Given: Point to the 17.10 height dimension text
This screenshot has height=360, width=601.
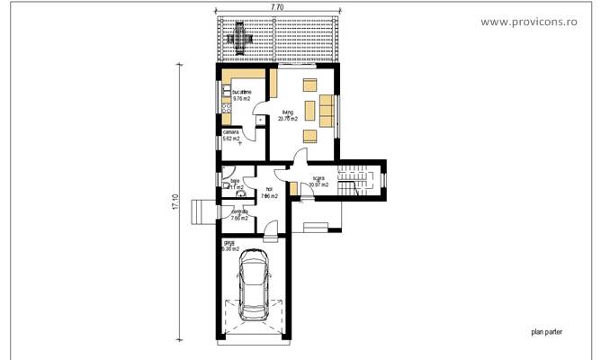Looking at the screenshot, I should (176, 204).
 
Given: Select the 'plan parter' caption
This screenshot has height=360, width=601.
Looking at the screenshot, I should (545, 331).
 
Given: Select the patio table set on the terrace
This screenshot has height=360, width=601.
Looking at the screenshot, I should (241, 36).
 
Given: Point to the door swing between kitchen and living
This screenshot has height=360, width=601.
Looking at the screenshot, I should (259, 115).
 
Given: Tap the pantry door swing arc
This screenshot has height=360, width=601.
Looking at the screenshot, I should (259, 136).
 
